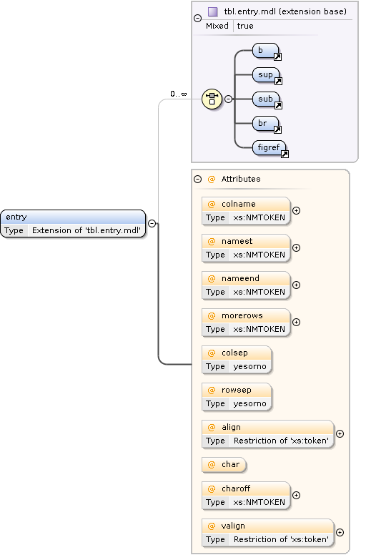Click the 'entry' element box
[73, 223]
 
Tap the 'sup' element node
[266, 74]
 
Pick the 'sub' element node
[266, 99]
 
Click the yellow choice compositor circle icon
[212, 99]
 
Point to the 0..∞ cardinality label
[178, 94]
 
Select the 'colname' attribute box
[246, 210]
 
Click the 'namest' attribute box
[246, 247]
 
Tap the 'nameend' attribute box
[246, 285]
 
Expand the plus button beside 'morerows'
[297, 322]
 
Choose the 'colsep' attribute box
[237, 359]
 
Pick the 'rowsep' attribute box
[237, 396]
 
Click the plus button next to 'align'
[340, 433]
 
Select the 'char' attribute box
[224, 465]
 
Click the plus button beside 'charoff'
[297, 495]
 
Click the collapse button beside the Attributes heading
[198, 179]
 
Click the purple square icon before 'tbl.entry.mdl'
[212, 12]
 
